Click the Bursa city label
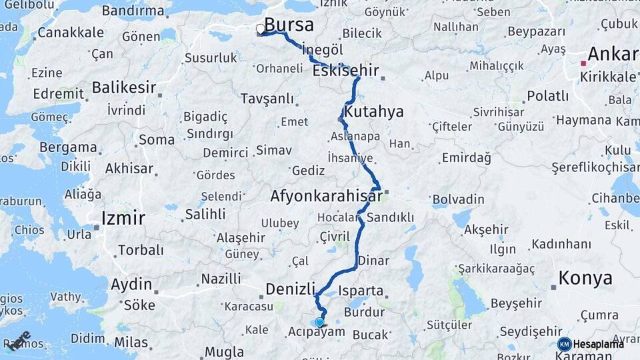[x=289, y=25]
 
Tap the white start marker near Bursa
[x=260, y=29]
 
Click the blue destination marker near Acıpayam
[x=319, y=323]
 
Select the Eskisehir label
[x=345, y=70]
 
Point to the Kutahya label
[x=374, y=111]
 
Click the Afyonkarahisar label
[x=325, y=196]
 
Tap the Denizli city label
[x=290, y=289]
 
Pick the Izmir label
[x=123, y=217]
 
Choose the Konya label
[x=585, y=278]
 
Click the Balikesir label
[x=124, y=87]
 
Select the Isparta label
[x=361, y=291]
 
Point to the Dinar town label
[x=373, y=261]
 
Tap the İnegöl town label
[x=322, y=50]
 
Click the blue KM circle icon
[x=564, y=344]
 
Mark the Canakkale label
[x=71, y=32]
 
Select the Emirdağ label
[x=466, y=158]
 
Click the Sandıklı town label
[x=391, y=217]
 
